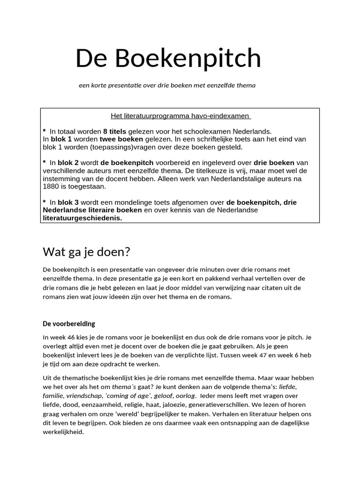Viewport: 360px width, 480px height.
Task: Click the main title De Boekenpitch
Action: coord(168,59)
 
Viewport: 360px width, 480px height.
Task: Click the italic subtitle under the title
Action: coord(167,85)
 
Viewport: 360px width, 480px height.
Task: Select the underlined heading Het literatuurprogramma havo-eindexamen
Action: coord(180,116)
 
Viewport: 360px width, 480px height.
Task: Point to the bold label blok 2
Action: coord(68,163)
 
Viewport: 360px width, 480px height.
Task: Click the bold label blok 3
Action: coord(68,202)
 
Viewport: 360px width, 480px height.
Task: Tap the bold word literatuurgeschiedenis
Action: coord(82,218)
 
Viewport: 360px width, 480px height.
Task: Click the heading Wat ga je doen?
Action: coord(86,252)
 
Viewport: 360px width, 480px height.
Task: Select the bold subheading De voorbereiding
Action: coord(69,324)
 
